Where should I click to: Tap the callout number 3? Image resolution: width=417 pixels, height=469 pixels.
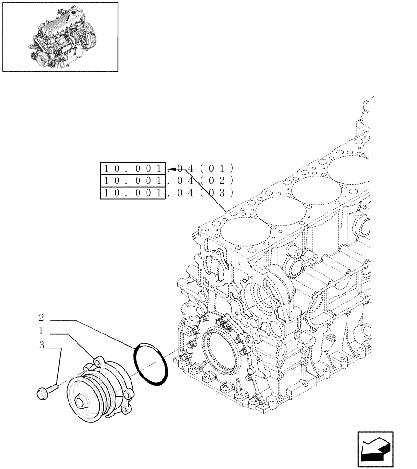point(42,346)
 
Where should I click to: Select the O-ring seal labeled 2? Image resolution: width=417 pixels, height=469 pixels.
point(150,364)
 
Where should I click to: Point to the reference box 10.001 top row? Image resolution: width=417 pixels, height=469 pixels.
point(133,168)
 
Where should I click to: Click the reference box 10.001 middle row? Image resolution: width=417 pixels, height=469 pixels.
point(133,181)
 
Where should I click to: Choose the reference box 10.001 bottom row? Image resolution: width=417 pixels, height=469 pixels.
point(133,193)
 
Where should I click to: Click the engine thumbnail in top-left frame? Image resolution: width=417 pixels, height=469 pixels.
point(60,37)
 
